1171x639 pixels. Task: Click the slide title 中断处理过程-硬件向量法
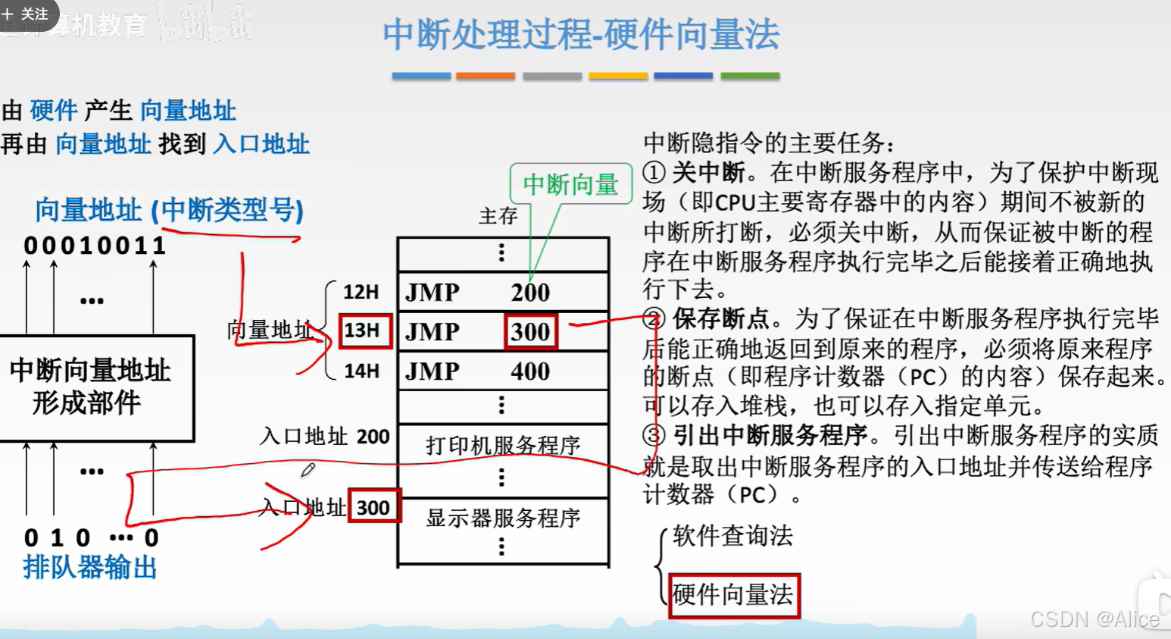coord(580,35)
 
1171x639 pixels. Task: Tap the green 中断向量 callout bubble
coord(570,183)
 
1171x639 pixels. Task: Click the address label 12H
coord(361,292)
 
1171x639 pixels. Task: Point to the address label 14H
coord(361,371)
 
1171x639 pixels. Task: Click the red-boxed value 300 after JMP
coord(530,331)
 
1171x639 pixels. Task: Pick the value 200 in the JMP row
coord(529,292)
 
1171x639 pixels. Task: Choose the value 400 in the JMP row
coord(529,371)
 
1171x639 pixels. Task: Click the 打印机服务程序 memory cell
coord(503,445)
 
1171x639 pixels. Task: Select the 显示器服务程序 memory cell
coord(503,518)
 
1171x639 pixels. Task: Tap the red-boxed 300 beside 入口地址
coord(373,507)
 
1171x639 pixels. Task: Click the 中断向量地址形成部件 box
coord(91,387)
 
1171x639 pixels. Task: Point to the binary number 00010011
coord(95,246)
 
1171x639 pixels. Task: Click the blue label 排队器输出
coord(89,567)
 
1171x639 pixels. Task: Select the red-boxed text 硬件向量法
coord(732,595)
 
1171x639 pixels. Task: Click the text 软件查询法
coord(732,536)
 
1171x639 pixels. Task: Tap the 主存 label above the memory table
coord(498,216)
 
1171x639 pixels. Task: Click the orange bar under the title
coord(486,76)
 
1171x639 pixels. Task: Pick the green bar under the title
coord(750,76)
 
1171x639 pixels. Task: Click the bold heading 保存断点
coord(720,318)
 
